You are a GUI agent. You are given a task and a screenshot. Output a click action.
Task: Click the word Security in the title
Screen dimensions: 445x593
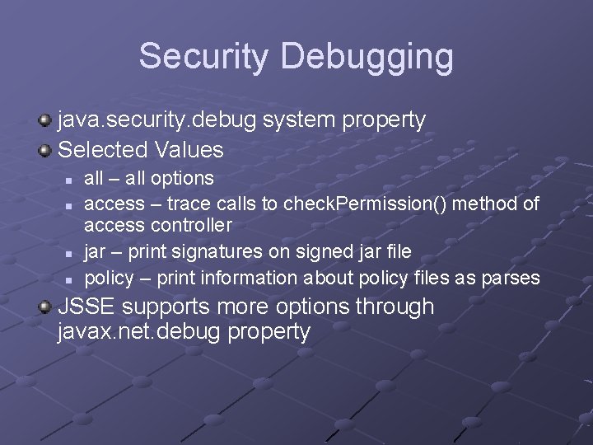pos(203,57)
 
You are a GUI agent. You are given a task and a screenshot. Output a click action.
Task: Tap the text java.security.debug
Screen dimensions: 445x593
pos(157,120)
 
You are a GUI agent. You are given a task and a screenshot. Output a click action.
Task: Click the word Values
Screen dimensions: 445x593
pos(188,150)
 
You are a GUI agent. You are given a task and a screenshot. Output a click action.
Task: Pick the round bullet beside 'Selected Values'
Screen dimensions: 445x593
pos(44,150)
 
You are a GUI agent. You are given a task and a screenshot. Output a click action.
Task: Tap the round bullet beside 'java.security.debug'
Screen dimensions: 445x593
pos(44,121)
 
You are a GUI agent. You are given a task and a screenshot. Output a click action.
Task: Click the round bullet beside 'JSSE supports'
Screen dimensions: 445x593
pos(44,307)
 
